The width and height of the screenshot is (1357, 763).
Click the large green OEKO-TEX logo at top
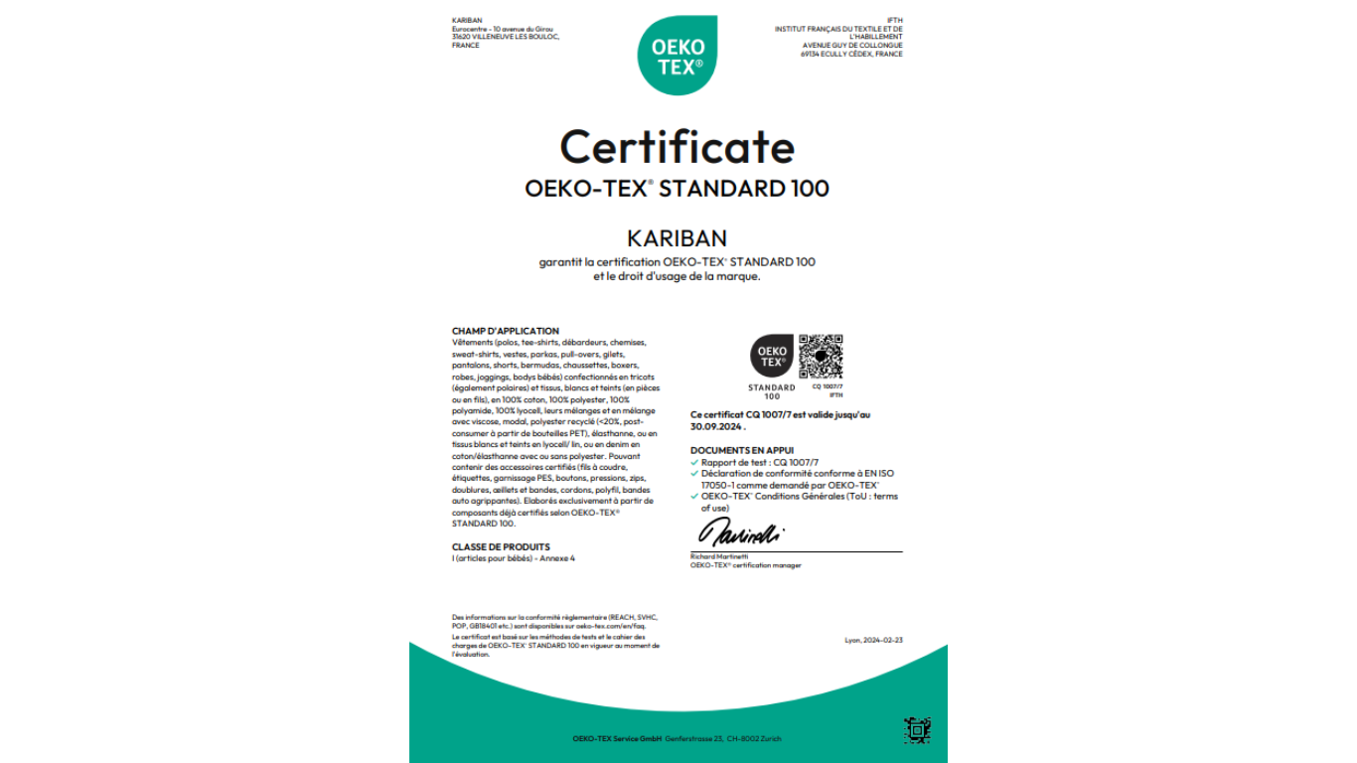coord(678,56)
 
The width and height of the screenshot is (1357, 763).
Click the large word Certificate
coord(678,147)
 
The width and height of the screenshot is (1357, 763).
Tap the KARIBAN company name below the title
coord(678,238)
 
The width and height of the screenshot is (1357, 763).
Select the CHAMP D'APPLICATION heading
coord(506,331)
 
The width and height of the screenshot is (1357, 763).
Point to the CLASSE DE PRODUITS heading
coord(501,546)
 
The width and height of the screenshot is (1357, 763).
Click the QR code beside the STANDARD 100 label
coord(821,357)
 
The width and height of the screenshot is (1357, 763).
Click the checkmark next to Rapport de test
coord(694,463)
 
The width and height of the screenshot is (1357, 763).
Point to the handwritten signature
coord(740,533)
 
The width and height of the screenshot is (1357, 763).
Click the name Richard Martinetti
coord(719,557)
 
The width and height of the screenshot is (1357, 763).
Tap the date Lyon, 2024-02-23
coord(873,640)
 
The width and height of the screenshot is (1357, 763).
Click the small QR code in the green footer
coord(917,730)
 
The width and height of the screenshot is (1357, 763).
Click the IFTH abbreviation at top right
coord(895,20)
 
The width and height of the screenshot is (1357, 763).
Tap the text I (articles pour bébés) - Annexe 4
coord(514,558)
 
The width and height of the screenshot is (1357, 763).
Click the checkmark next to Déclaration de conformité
coord(694,474)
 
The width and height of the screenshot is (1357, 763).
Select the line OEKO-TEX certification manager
coord(745,565)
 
